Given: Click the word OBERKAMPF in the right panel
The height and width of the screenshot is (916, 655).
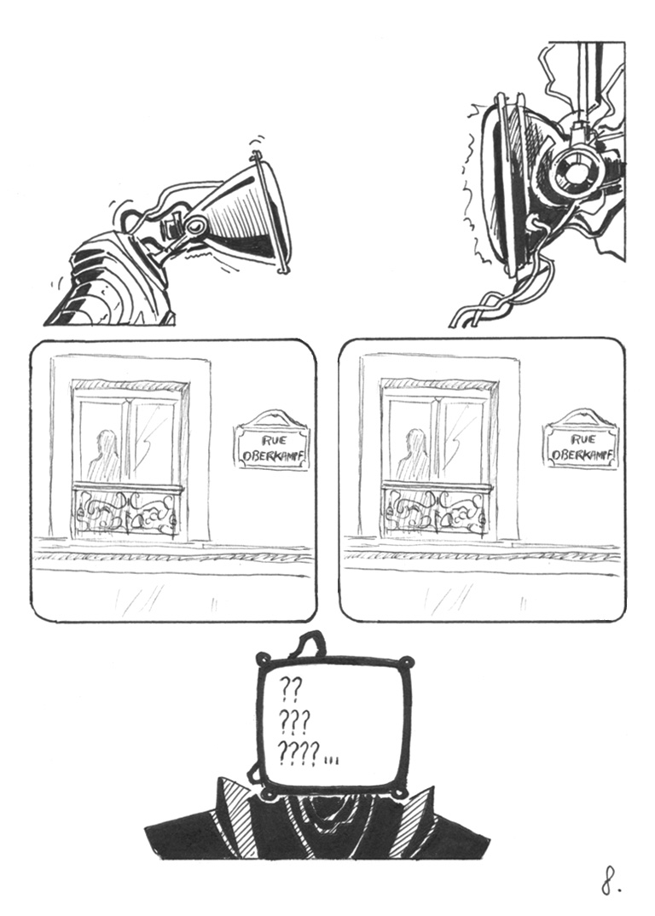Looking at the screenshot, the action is tap(582, 455).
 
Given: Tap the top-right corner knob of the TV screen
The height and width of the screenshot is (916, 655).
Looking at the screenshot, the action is tap(409, 662).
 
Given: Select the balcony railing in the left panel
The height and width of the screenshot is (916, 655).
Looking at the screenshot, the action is tap(125, 511).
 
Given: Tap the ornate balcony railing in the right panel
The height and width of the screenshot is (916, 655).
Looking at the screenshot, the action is tap(435, 511).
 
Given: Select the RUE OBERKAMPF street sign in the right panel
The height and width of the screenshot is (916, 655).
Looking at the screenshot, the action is tap(581, 439).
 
